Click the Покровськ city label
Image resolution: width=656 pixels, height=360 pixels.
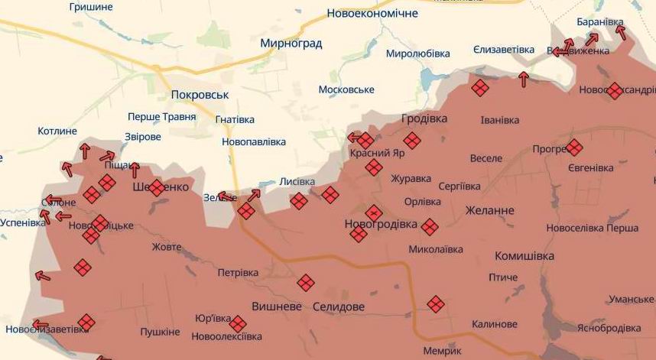(200, 94)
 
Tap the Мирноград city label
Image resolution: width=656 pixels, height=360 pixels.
(291, 44)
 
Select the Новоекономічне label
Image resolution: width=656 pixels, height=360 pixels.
(372, 14)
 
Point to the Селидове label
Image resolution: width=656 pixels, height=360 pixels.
(339, 306)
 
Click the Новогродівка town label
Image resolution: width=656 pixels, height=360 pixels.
(382, 224)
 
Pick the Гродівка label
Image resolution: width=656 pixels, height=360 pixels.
(424, 118)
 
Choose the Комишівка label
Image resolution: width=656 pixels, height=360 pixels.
(524, 256)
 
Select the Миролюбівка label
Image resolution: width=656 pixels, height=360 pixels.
(418, 54)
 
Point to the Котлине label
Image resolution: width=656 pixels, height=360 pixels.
(57, 131)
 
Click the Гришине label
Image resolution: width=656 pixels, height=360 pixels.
(91, 7)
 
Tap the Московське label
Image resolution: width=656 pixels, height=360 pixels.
(346, 89)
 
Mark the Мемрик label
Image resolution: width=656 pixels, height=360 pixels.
(442, 351)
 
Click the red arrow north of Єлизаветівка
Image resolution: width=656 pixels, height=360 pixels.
(524, 78)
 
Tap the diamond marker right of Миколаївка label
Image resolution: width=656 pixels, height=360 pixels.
(430, 226)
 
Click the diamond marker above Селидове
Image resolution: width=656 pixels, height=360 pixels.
(306, 283)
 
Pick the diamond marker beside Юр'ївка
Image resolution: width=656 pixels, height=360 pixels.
(238, 323)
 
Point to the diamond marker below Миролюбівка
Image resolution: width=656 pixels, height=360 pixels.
(479, 89)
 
